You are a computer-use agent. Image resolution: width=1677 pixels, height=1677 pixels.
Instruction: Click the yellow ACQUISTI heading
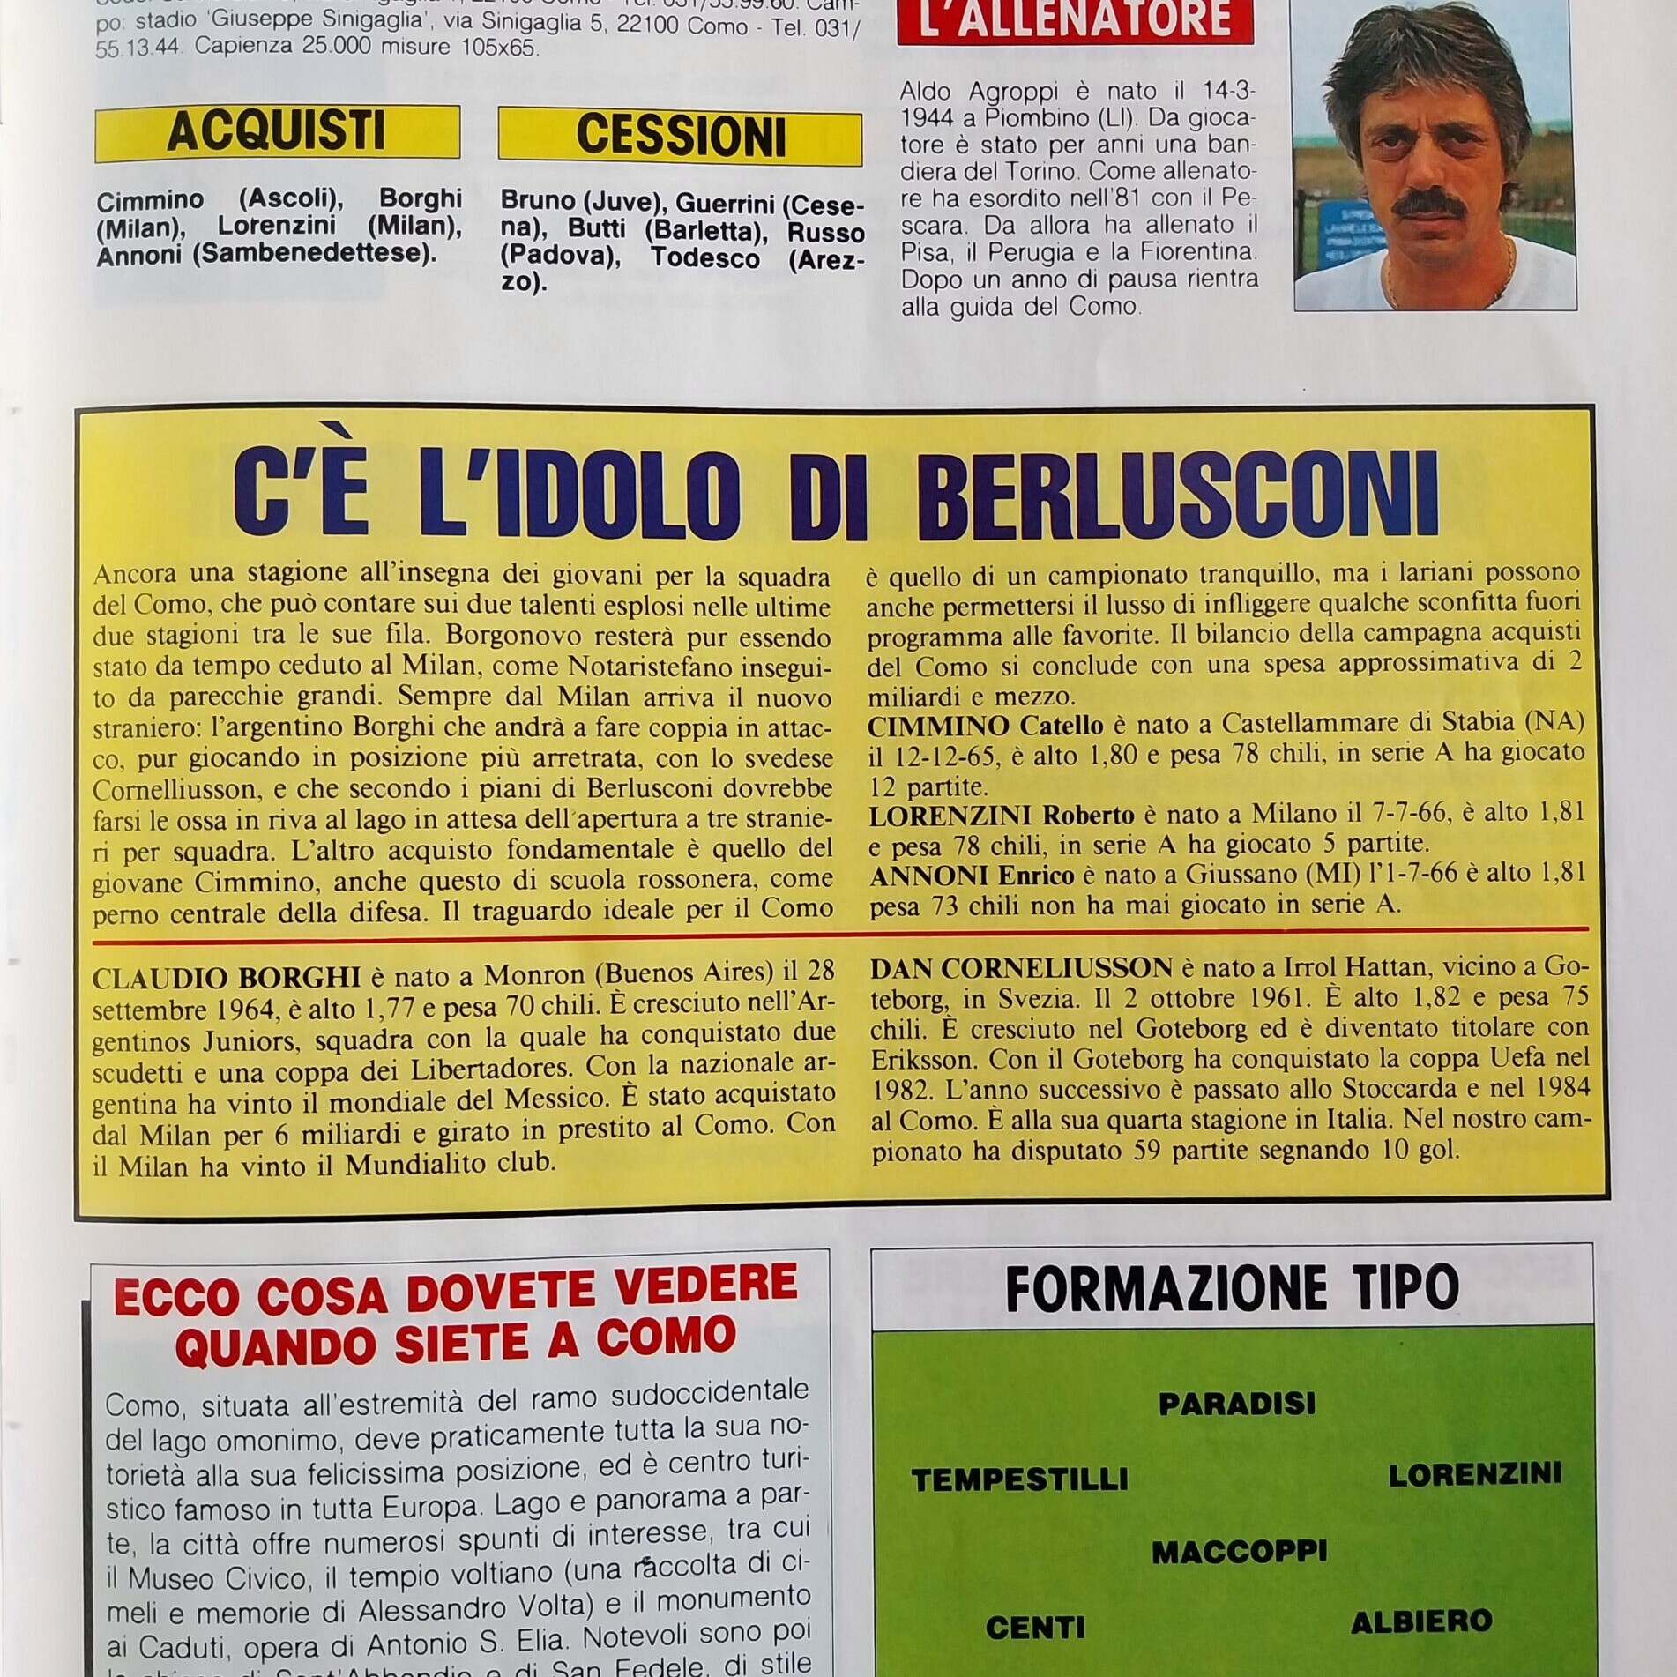pos(276,131)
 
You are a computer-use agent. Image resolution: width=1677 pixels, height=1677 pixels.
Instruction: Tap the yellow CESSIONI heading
pos(680,137)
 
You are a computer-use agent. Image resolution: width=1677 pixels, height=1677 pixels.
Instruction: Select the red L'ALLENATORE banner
pos(1075,19)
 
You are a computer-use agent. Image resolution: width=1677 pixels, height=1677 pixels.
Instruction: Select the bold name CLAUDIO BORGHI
pos(227,977)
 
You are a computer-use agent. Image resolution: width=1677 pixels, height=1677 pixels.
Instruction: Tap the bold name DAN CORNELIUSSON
pos(1021,967)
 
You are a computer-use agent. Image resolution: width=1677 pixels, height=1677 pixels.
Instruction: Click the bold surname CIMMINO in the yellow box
pos(938,726)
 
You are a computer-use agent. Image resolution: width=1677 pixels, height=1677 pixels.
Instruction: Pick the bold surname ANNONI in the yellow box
pos(927,875)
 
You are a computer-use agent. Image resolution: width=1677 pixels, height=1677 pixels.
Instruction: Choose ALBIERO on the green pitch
pos(1421,1621)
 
